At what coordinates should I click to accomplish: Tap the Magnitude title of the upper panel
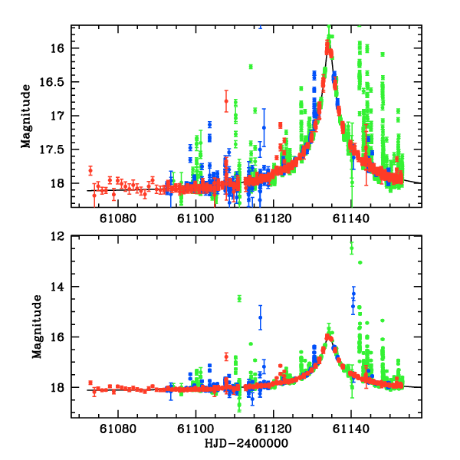point(26,116)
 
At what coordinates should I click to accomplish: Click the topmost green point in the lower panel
point(352,247)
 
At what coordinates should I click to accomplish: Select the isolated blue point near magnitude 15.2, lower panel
point(261,317)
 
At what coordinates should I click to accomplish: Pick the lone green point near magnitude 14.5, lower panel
point(239,298)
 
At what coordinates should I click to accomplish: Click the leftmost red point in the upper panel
point(90,170)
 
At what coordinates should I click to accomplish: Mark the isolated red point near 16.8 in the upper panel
point(226,100)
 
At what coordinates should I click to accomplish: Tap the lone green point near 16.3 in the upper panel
point(251,67)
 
